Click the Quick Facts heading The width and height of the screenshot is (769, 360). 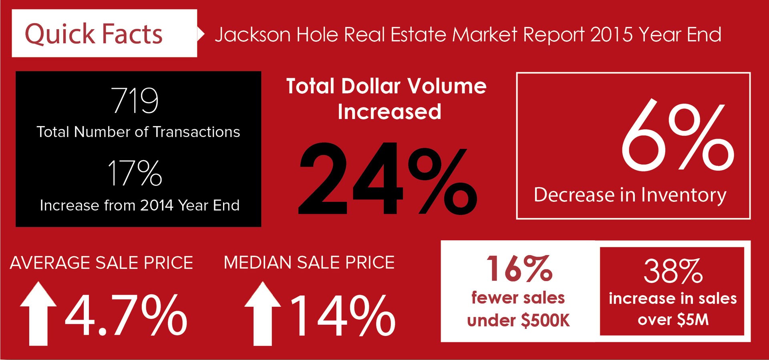94,34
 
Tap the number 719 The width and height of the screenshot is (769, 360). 135,100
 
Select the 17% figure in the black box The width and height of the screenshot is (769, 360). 135,173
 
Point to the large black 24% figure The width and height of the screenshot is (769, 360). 388,179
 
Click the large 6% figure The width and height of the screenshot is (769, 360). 678,135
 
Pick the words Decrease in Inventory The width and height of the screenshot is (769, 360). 630,195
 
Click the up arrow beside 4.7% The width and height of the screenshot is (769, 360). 38,314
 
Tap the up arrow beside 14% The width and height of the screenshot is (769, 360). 263,314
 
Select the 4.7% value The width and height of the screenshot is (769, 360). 126,315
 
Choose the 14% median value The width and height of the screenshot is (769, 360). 343,315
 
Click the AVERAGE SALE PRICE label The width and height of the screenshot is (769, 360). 101,263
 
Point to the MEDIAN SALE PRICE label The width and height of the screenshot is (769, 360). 309,263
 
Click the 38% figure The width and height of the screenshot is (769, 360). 673,271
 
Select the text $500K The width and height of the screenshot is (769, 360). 545,321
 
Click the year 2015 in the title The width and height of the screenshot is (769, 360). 612,34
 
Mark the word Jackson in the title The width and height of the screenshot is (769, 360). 253,35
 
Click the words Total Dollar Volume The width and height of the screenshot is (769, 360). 387,86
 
